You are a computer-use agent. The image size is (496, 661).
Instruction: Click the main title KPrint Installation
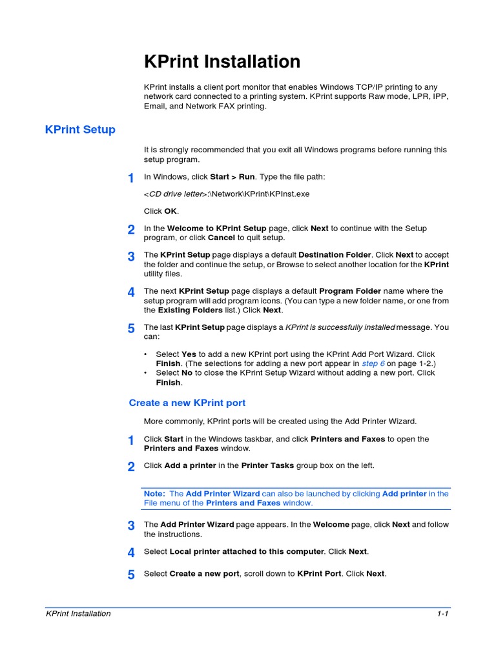[222, 62]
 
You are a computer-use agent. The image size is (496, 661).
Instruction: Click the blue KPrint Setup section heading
[80, 130]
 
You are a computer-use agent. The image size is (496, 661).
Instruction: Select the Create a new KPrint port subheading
[187, 403]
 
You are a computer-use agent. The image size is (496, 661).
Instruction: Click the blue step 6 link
[374, 363]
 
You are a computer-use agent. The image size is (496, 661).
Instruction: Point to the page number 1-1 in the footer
[442, 614]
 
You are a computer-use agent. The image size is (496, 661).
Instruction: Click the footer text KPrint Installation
[78, 614]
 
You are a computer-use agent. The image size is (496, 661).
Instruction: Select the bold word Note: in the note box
[154, 494]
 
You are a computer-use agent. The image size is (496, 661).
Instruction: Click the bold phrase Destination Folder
[335, 255]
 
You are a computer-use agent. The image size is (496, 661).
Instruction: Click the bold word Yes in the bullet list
[189, 354]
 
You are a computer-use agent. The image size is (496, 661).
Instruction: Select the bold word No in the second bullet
[187, 373]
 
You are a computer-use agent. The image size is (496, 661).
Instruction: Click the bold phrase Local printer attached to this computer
[247, 552]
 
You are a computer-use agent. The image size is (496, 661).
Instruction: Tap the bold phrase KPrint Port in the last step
[319, 574]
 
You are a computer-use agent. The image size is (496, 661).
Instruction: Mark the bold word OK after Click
[170, 211]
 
